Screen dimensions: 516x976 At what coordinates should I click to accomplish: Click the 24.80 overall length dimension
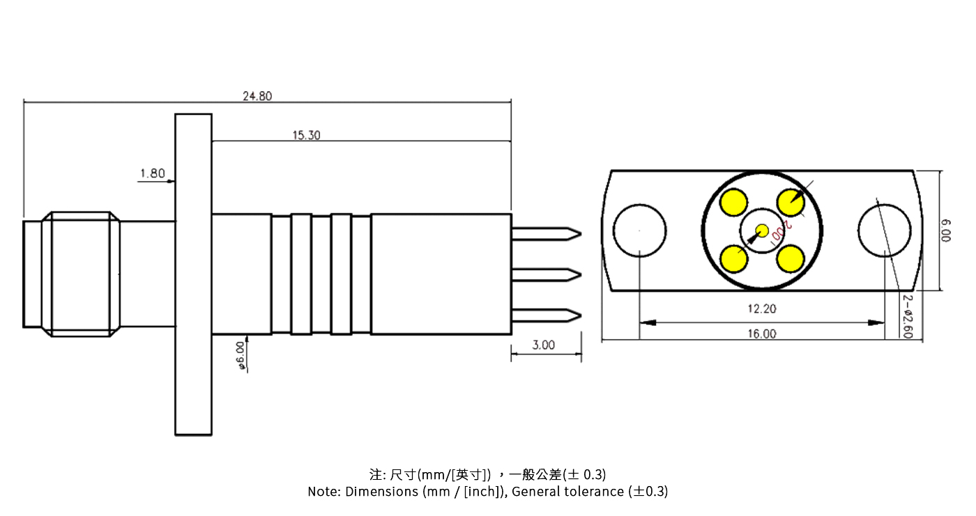(257, 96)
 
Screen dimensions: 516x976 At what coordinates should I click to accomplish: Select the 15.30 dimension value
(306, 135)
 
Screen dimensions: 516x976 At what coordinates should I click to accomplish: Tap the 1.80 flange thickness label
(152, 173)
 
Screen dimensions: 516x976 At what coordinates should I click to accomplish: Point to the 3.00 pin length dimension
(544, 345)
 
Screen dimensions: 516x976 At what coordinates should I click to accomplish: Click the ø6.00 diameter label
(241, 354)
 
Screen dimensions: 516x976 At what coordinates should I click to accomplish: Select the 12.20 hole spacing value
(761, 308)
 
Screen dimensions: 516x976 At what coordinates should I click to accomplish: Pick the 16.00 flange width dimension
(761, 334)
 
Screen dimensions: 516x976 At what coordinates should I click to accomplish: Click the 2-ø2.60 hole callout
(907, 315)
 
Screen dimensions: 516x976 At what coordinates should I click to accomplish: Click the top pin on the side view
(546, 233)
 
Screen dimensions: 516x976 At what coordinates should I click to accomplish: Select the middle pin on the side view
(546, 274)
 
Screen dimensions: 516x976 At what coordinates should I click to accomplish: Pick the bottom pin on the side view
(546, 315)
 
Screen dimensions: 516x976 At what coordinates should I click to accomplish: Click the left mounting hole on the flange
(639, 230)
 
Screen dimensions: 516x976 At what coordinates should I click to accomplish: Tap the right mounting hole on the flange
(884, 230)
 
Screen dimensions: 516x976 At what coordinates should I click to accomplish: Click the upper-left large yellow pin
(734, 203)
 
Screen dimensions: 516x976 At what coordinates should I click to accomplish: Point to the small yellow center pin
(762, 230)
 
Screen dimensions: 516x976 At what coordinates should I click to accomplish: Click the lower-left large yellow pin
(734, 259)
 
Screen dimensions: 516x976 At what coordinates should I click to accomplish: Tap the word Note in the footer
(323, 492)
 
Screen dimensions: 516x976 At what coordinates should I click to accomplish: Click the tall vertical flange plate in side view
(193, 274)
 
